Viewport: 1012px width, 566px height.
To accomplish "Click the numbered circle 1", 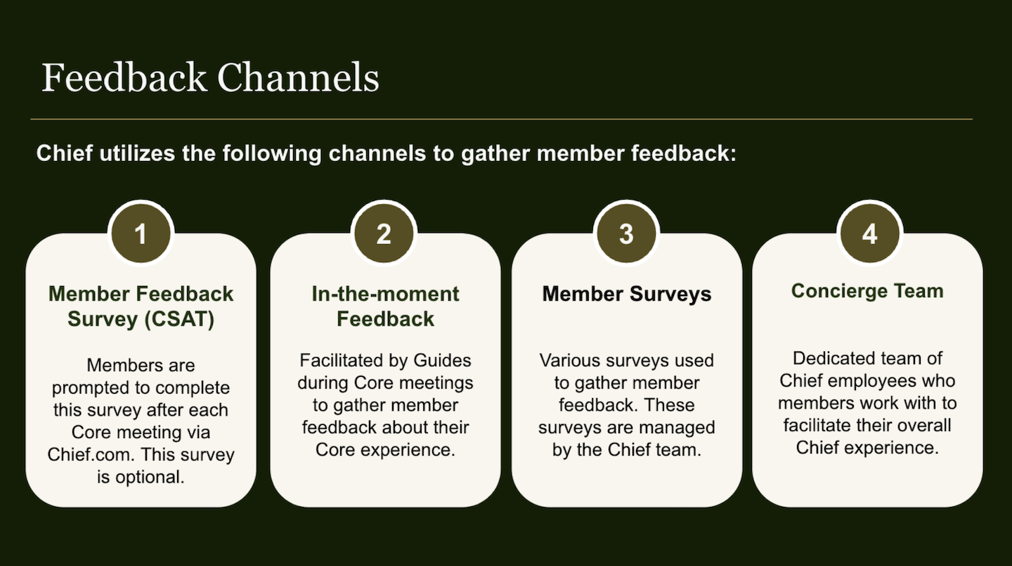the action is (141, 233).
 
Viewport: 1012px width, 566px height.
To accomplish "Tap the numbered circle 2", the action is (384, 233).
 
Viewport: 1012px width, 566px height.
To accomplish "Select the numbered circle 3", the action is (626, 233).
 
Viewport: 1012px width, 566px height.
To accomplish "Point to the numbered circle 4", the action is (869, 233).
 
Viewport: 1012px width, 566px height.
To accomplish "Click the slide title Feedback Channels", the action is (210, 77).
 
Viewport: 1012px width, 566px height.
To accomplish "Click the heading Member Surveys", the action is (626, 294).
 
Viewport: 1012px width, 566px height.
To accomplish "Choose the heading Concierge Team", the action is (867, 291).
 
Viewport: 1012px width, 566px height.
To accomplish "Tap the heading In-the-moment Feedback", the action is (385, 306).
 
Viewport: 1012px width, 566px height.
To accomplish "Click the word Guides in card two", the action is (442, 361).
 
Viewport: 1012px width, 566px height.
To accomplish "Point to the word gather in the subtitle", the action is (491, 153).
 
